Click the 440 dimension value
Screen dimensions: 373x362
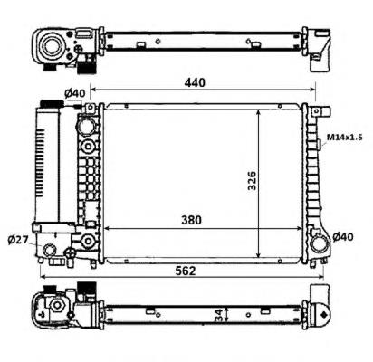(195, 82)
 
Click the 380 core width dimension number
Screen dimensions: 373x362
(191, 221)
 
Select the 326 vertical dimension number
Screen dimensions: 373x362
(252, 181)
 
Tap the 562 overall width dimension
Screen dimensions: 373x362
(186, 271)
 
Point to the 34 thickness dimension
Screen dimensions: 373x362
(219, 315)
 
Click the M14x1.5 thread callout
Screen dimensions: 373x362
(345, 138)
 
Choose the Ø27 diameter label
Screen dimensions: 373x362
(18, 240)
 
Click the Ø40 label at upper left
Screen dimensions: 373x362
(75, 93)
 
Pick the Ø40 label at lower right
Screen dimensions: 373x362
(343, 237)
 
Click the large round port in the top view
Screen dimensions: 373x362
(52, 46)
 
